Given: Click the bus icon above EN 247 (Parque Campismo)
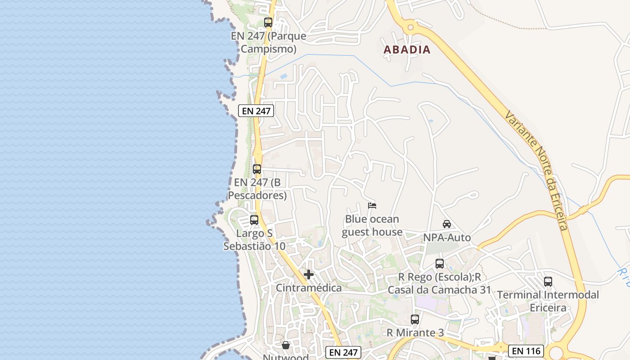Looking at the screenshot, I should [x=268, y=22].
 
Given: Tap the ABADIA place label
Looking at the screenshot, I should [x=407, y=49].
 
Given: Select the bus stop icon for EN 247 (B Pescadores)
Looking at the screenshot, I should [x=257, y=169].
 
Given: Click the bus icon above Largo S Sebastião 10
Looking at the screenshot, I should [x=254, y=220].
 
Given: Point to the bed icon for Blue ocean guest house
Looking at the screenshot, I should [x=372, y=206].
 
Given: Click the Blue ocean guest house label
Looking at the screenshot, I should [x=372, y=226].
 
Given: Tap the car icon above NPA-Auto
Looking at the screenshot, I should [x=447, y=224].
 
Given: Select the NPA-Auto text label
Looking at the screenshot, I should [x=447, y=238].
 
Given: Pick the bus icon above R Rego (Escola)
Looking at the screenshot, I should [x=440, y=264].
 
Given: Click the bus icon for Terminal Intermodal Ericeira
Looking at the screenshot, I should [x=548, y=282].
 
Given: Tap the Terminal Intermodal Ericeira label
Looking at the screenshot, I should [x=548, y=301].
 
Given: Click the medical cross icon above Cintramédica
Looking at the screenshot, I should [x=309, y=274].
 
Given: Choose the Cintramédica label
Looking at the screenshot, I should [x=309, y=288].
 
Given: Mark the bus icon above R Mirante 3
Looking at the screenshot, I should [x=415, y=319].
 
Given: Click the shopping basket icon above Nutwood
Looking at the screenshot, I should [x=286, y=345].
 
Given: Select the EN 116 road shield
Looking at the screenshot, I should [x=526, y=351].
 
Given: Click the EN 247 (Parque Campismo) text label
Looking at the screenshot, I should [x=269, y=42].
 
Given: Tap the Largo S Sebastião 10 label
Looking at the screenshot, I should [x=254, y=240].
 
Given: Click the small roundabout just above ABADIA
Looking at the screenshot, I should [x=410, y=28].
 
